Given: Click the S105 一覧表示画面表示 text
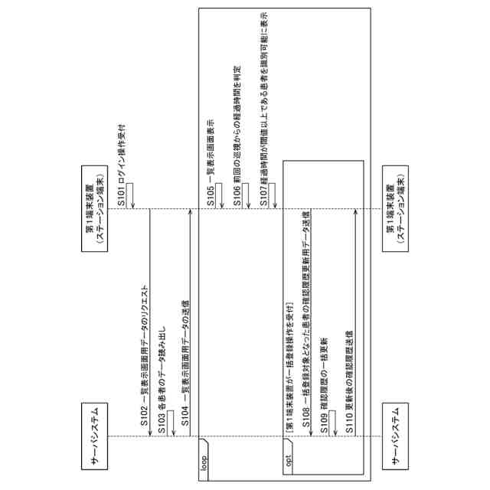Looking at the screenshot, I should click(211, 160).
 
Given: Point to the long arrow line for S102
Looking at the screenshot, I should click(150, 322).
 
